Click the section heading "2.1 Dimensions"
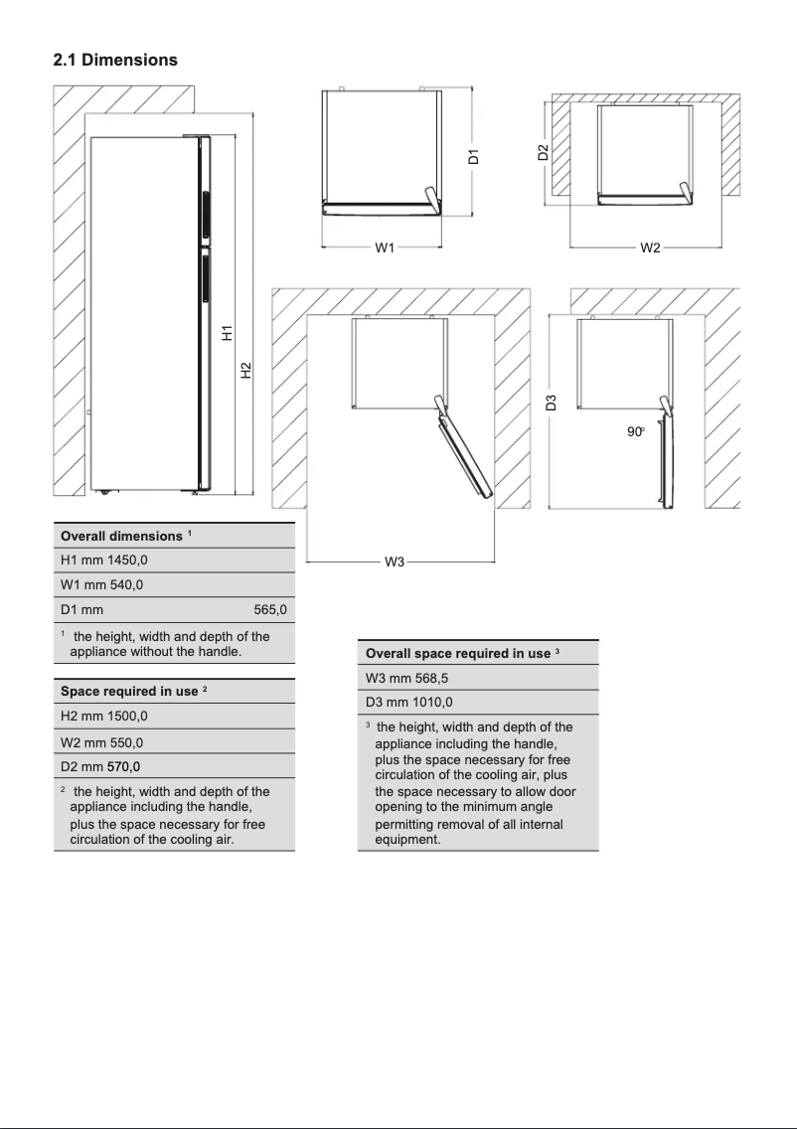point(115,60)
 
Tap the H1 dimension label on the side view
point(227,334)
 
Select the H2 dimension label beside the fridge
point(246,370)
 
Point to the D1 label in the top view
point(474,156)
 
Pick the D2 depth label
point(543,152)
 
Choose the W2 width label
point(650,247)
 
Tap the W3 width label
point(395,563)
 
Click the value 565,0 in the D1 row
point(270,609)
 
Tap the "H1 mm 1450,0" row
point(104,561)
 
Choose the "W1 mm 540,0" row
point(101,584)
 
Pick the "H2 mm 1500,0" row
point(104,716)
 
